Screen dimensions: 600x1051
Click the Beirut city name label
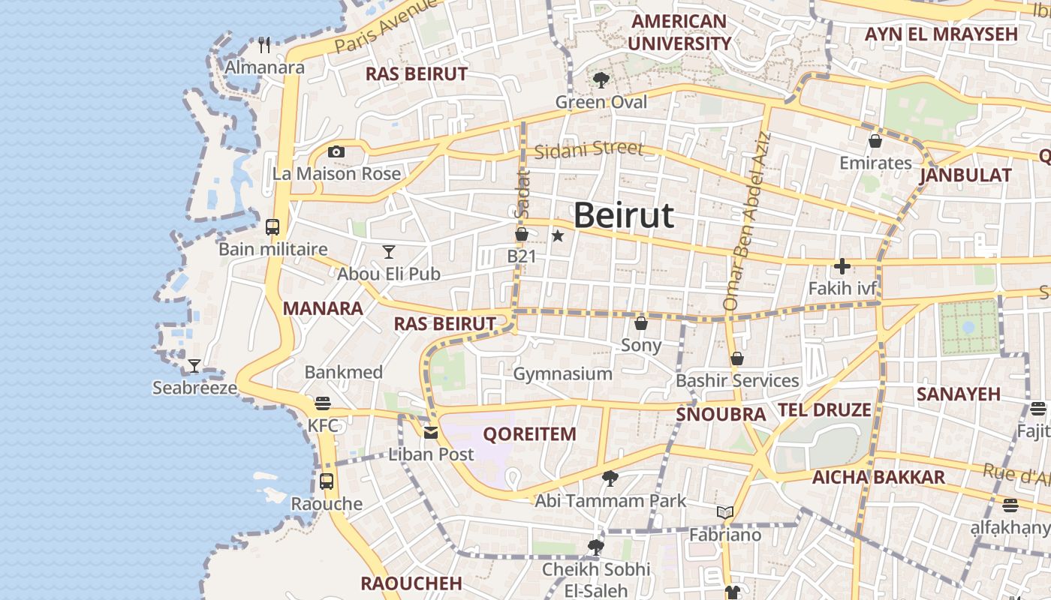click(x=624, y=216)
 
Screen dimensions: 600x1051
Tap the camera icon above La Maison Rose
click(x=336, y=152)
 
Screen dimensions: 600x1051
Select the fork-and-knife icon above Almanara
click(x=264, y=45)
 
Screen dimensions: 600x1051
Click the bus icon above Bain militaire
click(x=273, y=226)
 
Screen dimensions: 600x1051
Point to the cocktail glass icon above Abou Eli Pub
click(x=388, y=251)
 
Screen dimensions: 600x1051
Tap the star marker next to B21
click(x=557, y=236)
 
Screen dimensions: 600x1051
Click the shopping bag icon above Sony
click(x=641, y=323)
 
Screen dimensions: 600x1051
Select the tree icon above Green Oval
click(x=600, y=79)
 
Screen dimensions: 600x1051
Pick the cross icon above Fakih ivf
click(x=842, y=266)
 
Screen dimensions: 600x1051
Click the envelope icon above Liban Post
click(x=431, y=432)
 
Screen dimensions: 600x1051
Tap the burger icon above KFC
click(x=323, y=403)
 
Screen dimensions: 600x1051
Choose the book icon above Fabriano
click(x=724, y=513)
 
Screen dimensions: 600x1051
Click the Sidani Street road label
click(x=589, y=148)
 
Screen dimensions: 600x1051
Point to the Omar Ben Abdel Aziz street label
click(x=746, y=222)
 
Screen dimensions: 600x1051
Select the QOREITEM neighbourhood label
click(x=529, y=433)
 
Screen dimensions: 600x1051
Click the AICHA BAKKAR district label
click(x=878, y=477)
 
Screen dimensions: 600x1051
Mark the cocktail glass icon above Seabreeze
click(x=194, y=366)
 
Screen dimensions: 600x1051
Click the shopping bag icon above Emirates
click(x=875, y=141)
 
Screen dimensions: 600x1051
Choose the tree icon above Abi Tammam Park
click(x=610, y=478)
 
